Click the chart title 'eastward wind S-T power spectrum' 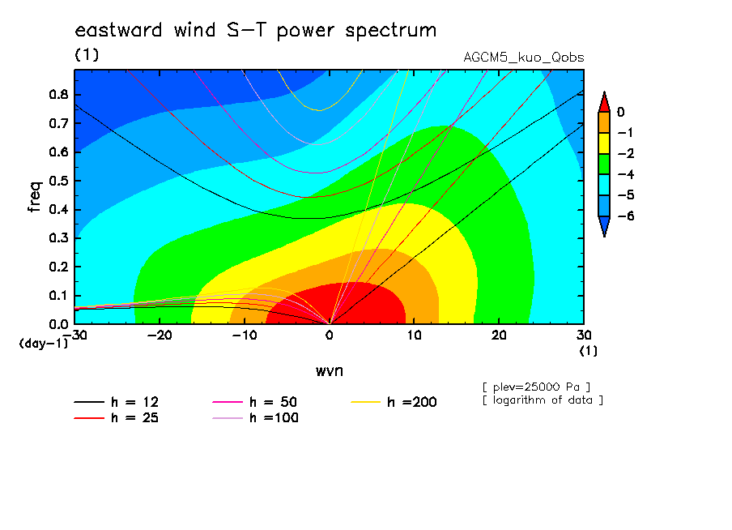tap(256, 30)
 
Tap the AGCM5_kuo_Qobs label tap(523, 58)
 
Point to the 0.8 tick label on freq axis tap(58, 94)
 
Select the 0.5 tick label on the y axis tap(58, 181)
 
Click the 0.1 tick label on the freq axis tap(58, 296)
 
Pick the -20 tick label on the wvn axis tap(160, 336)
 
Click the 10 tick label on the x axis tap(415, 336)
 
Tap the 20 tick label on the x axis tap(499, 336)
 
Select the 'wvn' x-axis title tap(330, 371)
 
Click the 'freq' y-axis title tap(35, 197)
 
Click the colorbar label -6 tap(626, 216)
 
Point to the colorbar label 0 tap(620, 112)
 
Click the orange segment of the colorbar tap(604, 122)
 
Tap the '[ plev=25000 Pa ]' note tap(536, 387)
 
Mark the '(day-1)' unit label tap(44, 344)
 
